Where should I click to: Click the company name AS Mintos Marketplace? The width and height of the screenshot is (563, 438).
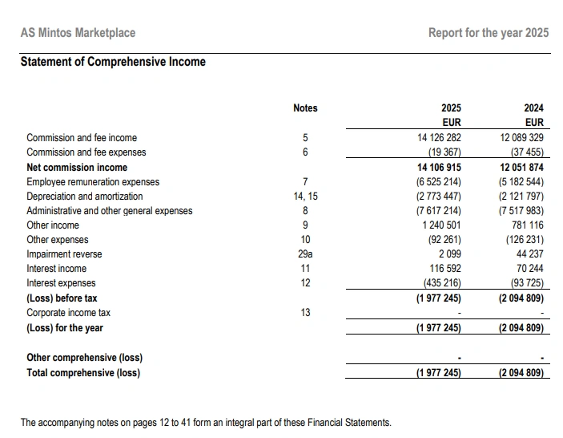point(78,33)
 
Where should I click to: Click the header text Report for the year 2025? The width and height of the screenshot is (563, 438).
point(489,33)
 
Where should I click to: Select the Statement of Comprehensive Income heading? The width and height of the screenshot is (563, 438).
point(113,62)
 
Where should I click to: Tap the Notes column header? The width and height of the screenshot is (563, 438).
point(305,108)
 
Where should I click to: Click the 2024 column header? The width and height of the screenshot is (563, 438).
point(533,108)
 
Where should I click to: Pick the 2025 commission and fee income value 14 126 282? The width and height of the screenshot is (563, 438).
point(440,138)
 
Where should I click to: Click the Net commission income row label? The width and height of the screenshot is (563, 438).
point(77,168)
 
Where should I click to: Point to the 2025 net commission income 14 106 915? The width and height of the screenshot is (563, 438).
point(440,168)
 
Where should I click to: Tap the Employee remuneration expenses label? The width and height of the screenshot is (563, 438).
point(93,182)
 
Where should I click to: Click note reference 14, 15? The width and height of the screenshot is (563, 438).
point(305,197)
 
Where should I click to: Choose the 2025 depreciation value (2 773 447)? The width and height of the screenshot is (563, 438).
point(439,197)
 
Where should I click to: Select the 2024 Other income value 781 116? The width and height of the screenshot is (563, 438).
point(527,225)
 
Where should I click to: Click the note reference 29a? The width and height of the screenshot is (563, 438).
point(305,254)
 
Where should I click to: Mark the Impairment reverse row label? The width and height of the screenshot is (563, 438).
point(64,254)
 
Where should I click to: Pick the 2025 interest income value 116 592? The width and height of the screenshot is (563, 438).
point(444,269)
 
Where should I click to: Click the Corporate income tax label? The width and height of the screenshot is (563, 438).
point(69,312)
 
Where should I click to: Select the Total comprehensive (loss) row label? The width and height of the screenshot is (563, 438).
point(83,372)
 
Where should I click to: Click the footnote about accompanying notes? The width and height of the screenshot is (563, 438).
point(206,422)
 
